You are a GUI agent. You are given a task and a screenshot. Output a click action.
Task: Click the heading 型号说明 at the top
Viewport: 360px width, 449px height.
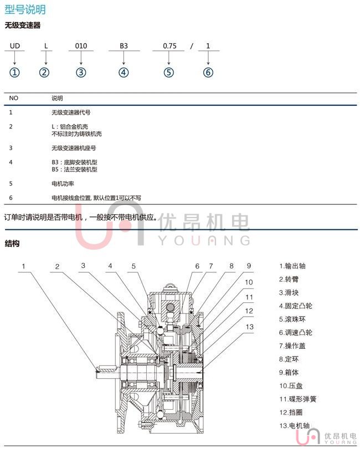(x=25, y=9)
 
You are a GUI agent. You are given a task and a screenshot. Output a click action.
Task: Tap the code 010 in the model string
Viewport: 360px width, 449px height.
(x=81, y=47)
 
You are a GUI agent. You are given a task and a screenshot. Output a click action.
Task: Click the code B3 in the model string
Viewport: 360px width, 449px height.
(x=124, y=47)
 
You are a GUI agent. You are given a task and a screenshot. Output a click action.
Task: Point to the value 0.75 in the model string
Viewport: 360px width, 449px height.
(x=169, y=47)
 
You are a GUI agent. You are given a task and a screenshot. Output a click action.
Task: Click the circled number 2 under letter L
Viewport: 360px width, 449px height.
(x=45, y=72)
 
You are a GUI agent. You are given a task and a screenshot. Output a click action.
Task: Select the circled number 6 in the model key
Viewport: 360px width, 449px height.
(x=208, y=72)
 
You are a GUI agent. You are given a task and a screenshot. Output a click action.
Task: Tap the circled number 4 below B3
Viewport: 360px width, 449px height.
(x=124, y=72)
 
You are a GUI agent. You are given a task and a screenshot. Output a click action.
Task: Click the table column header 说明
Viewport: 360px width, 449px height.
(x=57, y=98)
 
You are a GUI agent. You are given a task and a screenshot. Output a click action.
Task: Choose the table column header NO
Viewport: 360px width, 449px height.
(x=14, y=98)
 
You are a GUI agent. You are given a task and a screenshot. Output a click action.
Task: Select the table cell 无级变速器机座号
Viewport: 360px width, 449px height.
(x=74, y=148)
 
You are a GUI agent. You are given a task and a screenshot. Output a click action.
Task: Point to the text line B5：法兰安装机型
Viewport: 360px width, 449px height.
(x=74, y=169)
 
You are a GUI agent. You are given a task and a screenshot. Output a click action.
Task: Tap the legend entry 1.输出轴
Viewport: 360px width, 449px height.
(x=292, y=266)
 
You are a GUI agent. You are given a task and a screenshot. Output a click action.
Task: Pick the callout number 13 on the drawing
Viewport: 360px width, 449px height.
(x=249, y=327)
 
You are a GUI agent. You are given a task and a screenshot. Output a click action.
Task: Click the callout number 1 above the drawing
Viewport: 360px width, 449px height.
(x=24, y=266)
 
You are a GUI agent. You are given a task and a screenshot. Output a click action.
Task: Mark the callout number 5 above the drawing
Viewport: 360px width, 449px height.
(x=133, y=266)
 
